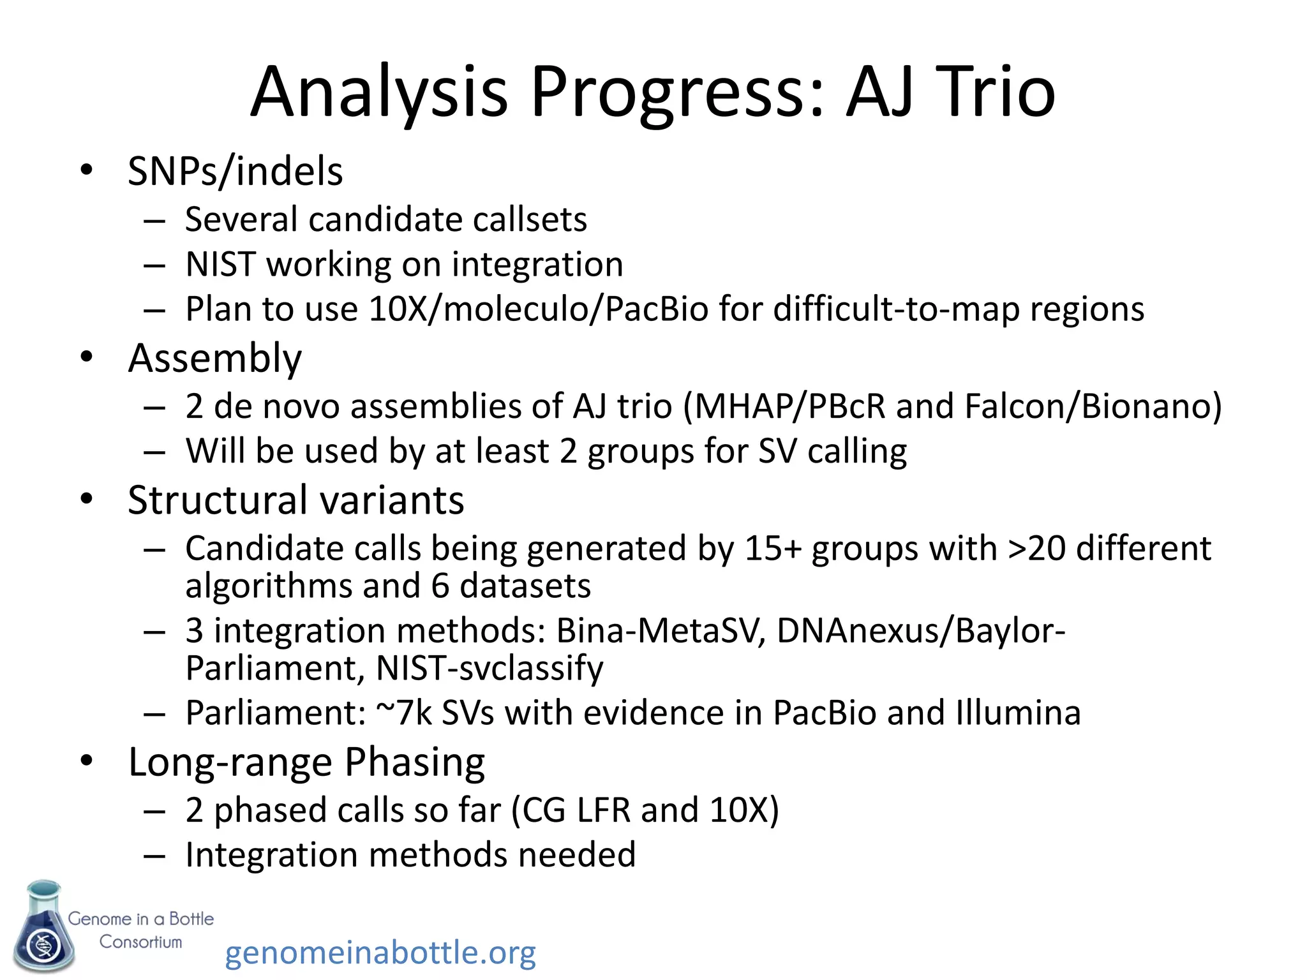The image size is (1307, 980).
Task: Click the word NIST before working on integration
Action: [x=220, y=264]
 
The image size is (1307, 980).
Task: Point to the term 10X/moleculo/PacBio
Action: [x=539, y=309]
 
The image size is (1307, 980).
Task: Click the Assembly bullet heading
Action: [x=214, y=358]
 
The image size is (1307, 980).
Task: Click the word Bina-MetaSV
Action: [x=660, y=630]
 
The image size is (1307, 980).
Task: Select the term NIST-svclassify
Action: [x=489, y=668]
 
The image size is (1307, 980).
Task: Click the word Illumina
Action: [x=1018, y=713]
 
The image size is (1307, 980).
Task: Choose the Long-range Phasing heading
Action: [x=306, y=762]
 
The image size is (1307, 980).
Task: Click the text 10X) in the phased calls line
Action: [x=743, y=810]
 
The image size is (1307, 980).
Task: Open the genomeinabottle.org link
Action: [x=380, y=953]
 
